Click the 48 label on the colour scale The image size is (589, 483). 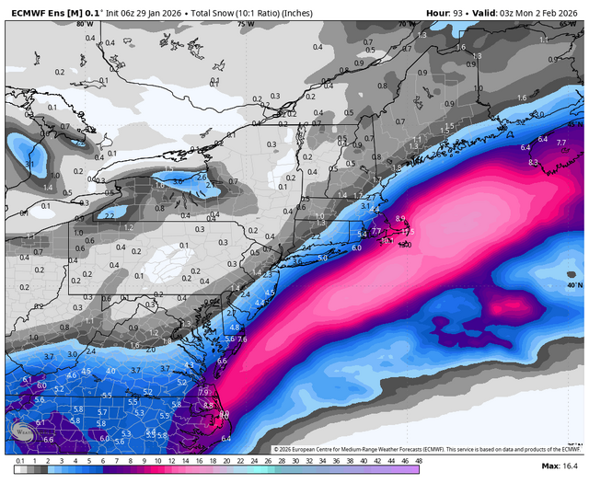pos(417,460)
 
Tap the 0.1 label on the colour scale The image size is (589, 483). pos(19,460)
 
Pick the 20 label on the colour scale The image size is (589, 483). pos(226,460)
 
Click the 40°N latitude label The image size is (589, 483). pos(574,286)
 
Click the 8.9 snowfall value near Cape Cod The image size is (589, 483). pos(400,218)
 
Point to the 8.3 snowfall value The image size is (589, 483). pos(533,162)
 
